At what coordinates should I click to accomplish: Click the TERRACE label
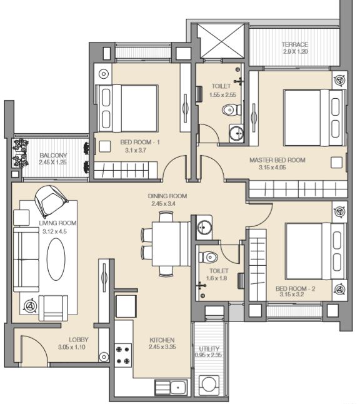(x=295, y=44)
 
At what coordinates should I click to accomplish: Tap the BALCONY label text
(x=53, y=155)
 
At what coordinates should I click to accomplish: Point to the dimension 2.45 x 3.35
(x=162, y=347)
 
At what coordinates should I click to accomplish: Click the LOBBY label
(x=79, y=340)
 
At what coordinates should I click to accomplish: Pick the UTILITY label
(x=209, y=348)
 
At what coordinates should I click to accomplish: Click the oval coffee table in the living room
(x=56, y=259)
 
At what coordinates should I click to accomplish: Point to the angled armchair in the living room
(x=51, y=201)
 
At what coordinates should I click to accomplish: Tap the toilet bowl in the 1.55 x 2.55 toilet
(x=231, y=110)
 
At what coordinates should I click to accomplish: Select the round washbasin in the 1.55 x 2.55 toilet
(x=236, y=133)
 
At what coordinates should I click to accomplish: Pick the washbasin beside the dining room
(x=205, y=227)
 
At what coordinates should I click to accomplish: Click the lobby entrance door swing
(x=34, y=349)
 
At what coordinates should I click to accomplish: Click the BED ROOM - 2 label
(x=295, y=288)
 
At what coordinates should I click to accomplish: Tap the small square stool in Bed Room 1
(x=105, y=146)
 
